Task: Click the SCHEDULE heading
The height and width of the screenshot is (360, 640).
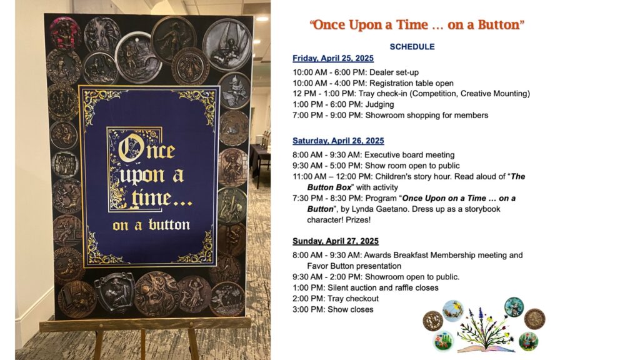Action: click(x=412, y=46)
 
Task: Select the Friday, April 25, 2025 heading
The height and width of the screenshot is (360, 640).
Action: click(x=333, y=58)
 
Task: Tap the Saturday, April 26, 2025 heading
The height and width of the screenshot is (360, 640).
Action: click(x=338, y=141)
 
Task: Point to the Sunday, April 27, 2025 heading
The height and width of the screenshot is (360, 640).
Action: click(x=336, y=241)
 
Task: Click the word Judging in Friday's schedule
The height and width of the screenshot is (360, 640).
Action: click(x=379, y=104)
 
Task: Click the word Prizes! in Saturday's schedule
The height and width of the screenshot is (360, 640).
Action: click(x=358, y=220)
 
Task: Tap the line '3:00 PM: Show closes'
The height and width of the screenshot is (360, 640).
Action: click(x=332, y=309)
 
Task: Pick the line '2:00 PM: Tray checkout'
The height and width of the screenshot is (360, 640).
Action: click(x=336, y=299)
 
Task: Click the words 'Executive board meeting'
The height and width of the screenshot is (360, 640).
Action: click(x=409, y=155)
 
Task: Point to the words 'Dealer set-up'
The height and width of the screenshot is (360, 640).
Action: click(x=394, y=72)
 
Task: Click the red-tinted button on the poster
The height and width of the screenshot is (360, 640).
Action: click(x=65, y=32)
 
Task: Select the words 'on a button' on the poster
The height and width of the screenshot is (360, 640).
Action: click(x=151, y=225)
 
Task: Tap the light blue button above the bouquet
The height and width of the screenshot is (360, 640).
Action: click(x=453, y=311)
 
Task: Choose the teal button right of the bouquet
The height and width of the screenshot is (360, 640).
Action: click(x=514, y=307)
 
